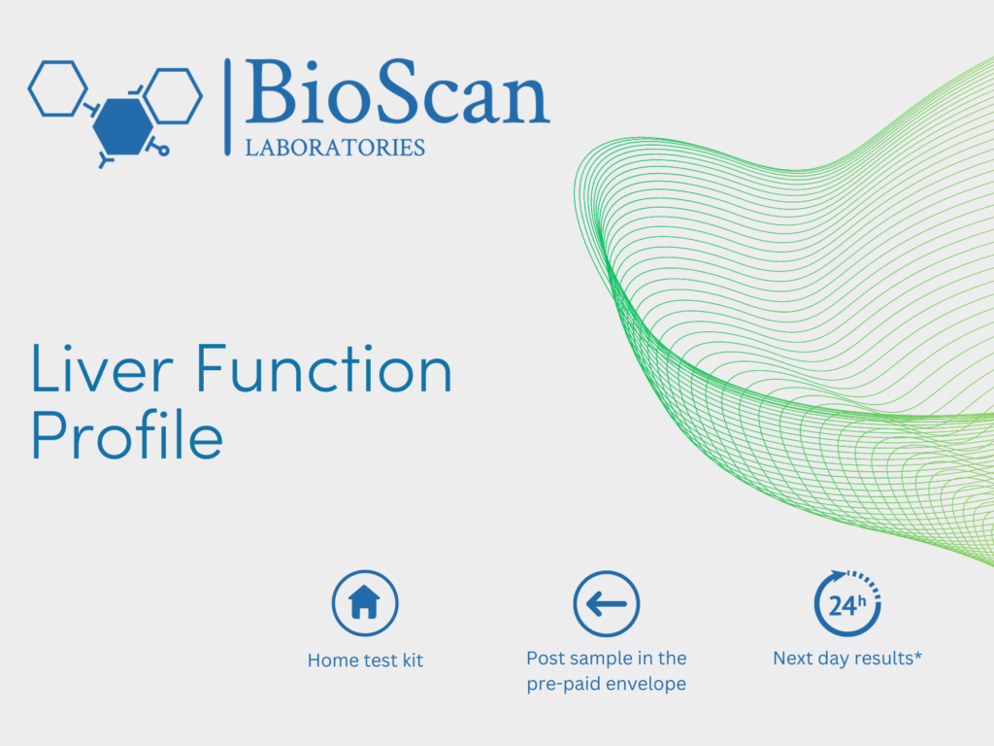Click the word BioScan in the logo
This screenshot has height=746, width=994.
coord(397,91)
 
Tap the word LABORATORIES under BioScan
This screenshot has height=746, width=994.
coord(335,148)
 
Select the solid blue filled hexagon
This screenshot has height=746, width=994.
coord(123,126)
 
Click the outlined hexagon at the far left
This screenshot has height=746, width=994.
coord(57,88)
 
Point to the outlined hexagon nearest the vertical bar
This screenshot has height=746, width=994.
coord(173,96)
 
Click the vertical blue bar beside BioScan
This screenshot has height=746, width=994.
coord(227,107)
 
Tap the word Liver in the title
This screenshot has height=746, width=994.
coord(102,368)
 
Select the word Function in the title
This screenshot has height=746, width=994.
coord(324,368)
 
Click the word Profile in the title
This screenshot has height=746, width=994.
coord(127,434)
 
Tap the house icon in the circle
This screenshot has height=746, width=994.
coord(365,602)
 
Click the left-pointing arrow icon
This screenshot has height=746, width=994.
coord(607,604)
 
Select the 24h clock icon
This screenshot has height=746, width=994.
coord(847,603)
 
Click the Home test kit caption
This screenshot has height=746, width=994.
coord(365,661)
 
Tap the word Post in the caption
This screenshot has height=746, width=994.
coord(545,659)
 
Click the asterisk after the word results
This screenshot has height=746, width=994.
coord(917,655)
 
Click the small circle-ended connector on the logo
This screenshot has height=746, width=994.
coord(158,148)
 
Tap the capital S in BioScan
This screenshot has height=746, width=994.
coord(397,91)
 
